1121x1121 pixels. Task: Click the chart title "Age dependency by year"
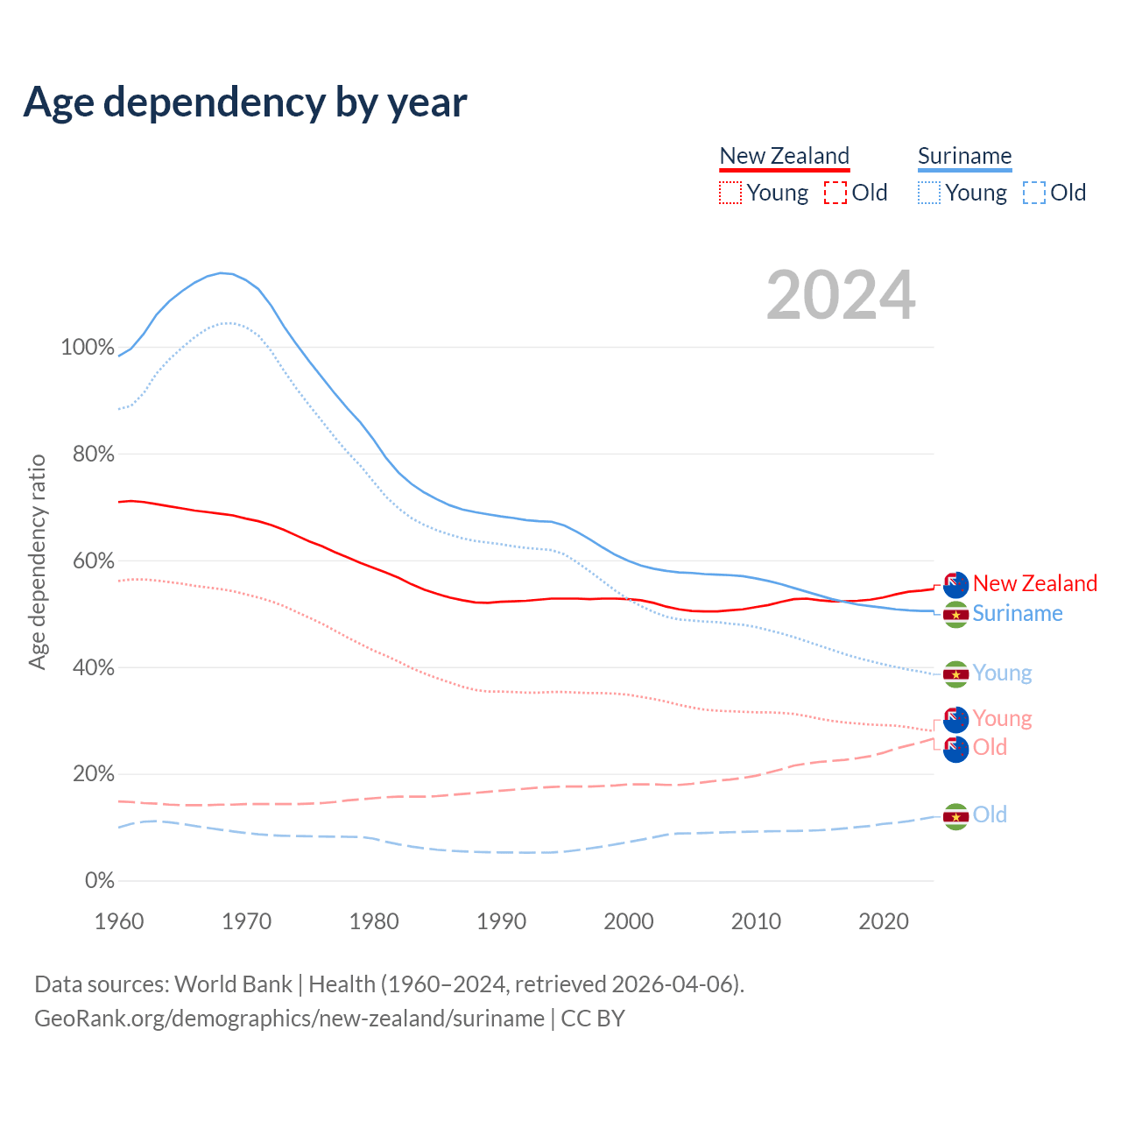[x=245, y=102]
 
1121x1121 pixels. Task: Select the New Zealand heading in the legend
[x=784, y=156]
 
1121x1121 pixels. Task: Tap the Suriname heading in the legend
[x=964, y=156]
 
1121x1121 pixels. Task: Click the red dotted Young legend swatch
[x=730, y=193]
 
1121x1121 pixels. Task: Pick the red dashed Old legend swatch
[x=835, y=193]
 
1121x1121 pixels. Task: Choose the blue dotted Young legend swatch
[x=929, y=193]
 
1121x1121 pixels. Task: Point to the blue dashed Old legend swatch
[x=1034, y=193]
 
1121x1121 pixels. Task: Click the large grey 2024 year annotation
[x=841, y=295]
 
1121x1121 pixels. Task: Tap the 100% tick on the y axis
[x=88, y=348]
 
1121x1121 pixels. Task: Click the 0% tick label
[x=100, y=881]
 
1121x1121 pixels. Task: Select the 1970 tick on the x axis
[x=246, y=921]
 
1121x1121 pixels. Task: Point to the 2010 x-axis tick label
[x=756, y=921]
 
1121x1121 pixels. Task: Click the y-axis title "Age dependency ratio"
[x=37, y=561]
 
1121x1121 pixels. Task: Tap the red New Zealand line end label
[x=1034, y=583]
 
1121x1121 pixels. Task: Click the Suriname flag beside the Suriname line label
[x=955, y=614]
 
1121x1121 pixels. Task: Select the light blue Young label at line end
[x=1002, y=673]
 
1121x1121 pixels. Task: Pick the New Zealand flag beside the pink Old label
[x=955, y=748]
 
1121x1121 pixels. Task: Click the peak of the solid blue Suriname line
[x=221, y=273]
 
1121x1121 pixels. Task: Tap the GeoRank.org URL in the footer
[x=289, y=1019]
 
